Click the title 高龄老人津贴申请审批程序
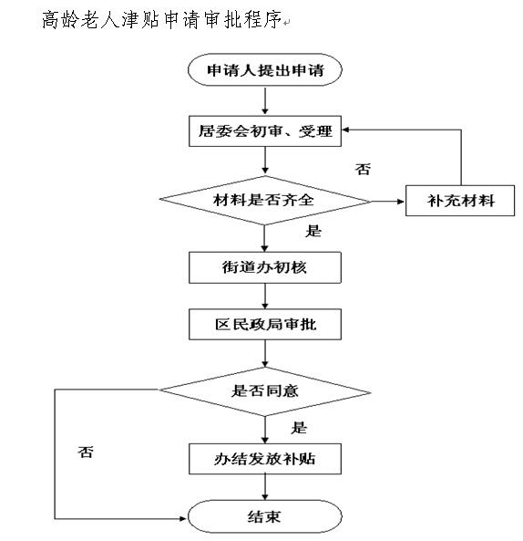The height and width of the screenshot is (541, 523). tap(161, 19)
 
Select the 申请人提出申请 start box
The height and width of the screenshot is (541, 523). tap(264, 69)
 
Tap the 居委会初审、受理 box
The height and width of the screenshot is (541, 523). tap(265, 131)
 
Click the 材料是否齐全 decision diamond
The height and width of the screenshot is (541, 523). tap(264, 201)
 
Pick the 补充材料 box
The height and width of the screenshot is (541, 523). tap(460, 201)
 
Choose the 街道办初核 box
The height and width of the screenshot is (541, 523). tap(265, 267)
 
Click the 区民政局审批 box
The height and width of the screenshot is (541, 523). tap(265, 324)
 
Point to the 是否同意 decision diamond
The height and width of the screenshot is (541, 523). tap(264, 391)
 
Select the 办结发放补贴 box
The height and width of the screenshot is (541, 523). tap(265, 459)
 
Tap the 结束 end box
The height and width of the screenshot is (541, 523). tap(264, 516)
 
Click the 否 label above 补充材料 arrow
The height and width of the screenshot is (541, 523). tap(364, 170)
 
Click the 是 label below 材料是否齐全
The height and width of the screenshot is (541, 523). tap(313, 231)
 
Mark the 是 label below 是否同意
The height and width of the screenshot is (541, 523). tap(299, 428)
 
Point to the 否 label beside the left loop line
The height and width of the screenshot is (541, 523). tap(86, 452)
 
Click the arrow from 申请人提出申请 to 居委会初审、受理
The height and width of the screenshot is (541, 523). tap(265, 100)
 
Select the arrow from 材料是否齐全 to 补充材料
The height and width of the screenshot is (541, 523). tap(387, 201)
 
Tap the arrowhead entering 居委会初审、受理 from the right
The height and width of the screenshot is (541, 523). tap(345, 130)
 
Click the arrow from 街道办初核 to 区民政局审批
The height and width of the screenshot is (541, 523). tap(265, 296)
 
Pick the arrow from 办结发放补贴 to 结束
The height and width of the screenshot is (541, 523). tap(265, 487)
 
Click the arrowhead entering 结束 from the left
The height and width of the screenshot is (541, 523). tap(184, 518)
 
